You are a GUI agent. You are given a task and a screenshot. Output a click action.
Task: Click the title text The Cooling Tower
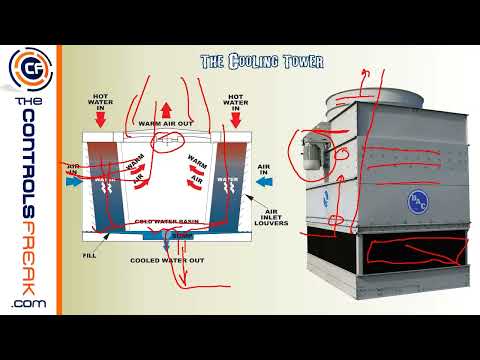tap(262, 62)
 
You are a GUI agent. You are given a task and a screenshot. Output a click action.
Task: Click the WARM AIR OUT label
tap(165, 124)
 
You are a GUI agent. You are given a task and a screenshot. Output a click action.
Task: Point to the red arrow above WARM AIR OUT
tap(166, 107)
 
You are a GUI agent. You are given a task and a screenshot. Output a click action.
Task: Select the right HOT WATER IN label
tap(236, 101)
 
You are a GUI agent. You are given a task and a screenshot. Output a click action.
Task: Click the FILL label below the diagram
tap(89, 255)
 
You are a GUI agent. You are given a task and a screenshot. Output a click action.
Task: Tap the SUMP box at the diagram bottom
tap(181, 236)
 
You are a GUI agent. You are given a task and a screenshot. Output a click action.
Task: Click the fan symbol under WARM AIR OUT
tap(166, 141)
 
